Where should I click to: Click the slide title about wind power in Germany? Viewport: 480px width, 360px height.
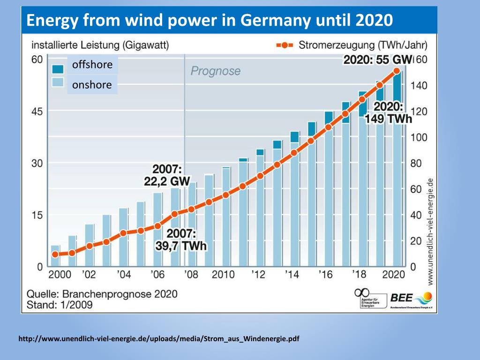tap(209, 21)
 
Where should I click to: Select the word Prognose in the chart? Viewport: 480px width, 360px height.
tap(215, 71)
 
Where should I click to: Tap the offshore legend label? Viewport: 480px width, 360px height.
tap(92, 65)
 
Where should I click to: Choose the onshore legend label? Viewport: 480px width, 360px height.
tap(92, 85)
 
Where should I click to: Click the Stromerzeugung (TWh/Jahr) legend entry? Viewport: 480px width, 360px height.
tap(352, 45)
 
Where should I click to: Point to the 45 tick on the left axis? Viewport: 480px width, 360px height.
tap(37, 112)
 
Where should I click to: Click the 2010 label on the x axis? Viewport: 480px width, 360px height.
tap(223, 274)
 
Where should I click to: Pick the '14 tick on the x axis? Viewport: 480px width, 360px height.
tap(292, 274)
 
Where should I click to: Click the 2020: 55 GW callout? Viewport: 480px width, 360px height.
tap(377, 60)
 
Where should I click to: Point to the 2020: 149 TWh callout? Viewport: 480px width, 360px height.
tap(389, 112)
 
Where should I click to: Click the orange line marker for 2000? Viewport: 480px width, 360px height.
tap(55, 254)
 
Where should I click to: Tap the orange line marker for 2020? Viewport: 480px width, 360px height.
tap(397, 71)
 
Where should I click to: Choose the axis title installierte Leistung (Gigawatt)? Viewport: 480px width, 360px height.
tap(100, 45)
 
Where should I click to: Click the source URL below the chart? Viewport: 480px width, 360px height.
tap(159, 338)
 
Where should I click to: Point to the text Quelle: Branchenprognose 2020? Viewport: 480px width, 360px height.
tap(102, 294)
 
